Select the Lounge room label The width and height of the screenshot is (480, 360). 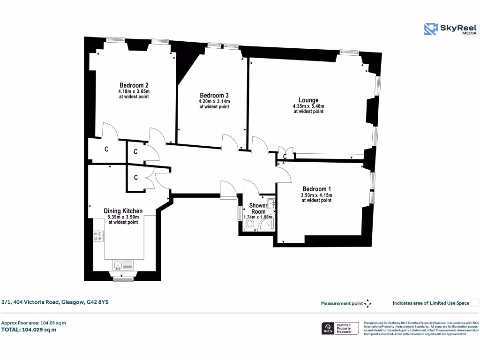(x=308, y=100)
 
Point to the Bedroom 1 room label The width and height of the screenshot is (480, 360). (x=316, y=189)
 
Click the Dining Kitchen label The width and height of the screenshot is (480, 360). (x=123, y=211)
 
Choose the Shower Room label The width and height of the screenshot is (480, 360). (x=258, y=208)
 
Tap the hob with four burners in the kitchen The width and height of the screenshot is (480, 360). (x=98, y=236)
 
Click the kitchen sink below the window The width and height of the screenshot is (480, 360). (x=119, y=265)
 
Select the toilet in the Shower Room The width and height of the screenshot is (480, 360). (x=249, y=225)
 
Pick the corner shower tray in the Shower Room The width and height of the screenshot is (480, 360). (x=267, y=225)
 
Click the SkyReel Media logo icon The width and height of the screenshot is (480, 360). (x=431, y=29)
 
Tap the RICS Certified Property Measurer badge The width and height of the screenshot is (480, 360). (x=340, y=328)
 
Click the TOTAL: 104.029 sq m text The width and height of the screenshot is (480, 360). (x=29, y=330)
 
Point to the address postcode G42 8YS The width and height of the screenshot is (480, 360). (x=97, y=302)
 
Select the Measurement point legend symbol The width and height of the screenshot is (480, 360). (x=367, y=303)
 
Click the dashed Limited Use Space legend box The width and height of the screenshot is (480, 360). (x=474, y=303)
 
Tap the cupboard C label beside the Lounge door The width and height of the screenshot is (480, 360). (x=285, y=157)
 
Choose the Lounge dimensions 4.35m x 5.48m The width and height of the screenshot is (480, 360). (x=308, y=106)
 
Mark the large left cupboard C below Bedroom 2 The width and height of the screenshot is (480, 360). (x=106, y=150)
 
